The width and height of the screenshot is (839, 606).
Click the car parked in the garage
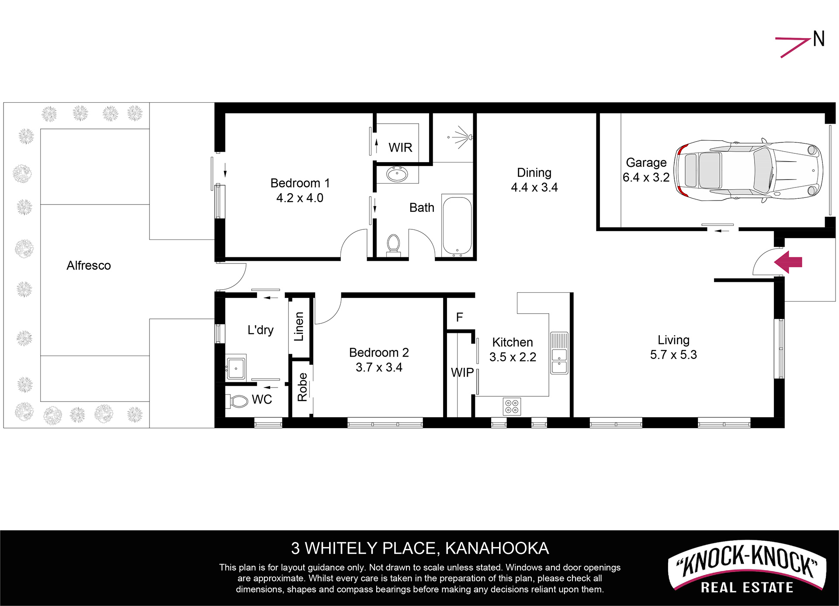click(748, 171)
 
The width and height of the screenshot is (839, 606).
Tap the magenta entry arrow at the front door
click(788, 262)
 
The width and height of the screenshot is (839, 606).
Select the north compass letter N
click(818, 39)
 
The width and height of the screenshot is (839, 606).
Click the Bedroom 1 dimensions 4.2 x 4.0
click(300, 198)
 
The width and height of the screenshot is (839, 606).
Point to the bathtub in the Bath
click(457, 225)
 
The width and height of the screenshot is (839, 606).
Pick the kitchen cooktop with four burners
click(512, 406)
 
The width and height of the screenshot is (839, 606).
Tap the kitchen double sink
click(559, 353)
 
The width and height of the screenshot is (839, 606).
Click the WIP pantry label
click(462, 373)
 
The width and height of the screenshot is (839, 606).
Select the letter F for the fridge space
click(459, 317)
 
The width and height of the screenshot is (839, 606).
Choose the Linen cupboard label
click(299, 326)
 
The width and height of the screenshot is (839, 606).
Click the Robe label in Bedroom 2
click(302, 387)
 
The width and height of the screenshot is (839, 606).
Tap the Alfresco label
click(89, 266)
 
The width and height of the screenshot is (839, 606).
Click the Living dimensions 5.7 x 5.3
click(673, 355)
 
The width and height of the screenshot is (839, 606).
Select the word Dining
click(534, 173)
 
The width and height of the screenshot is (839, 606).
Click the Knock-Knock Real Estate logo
click(747, 568)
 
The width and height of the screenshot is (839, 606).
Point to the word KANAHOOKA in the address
click(497, 548)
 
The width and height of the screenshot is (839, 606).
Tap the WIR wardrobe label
click(400, 148)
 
